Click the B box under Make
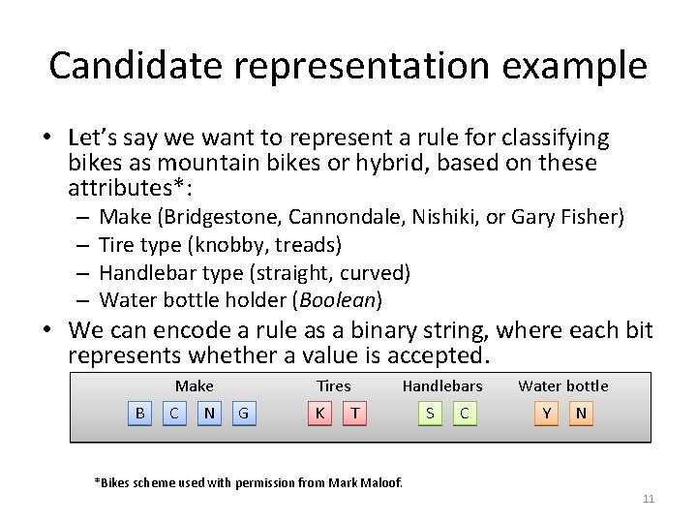(140, 414)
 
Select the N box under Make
(209, 414)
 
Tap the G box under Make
(243, 414)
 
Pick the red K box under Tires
(319, 414)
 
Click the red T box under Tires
(355, 414)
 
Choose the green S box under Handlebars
(430, 414)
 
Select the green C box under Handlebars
(465, 414)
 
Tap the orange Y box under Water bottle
(547, 414)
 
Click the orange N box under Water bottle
(581, 414)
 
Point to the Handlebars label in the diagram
(442, 385)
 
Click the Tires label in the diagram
(334, 385)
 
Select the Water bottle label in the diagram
(563, 385)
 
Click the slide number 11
(649, 499)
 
